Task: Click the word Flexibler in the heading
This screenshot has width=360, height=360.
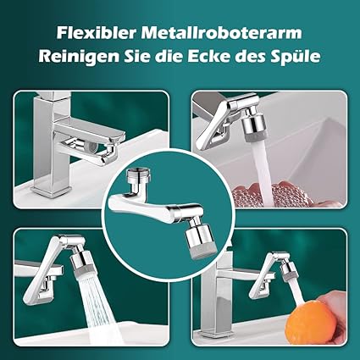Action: pos(97,33)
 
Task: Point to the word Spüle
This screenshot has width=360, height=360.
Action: pos(296,58)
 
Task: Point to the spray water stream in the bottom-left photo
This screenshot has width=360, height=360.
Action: pos(100,307)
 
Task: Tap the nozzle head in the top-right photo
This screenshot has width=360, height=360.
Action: pos(252,125)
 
